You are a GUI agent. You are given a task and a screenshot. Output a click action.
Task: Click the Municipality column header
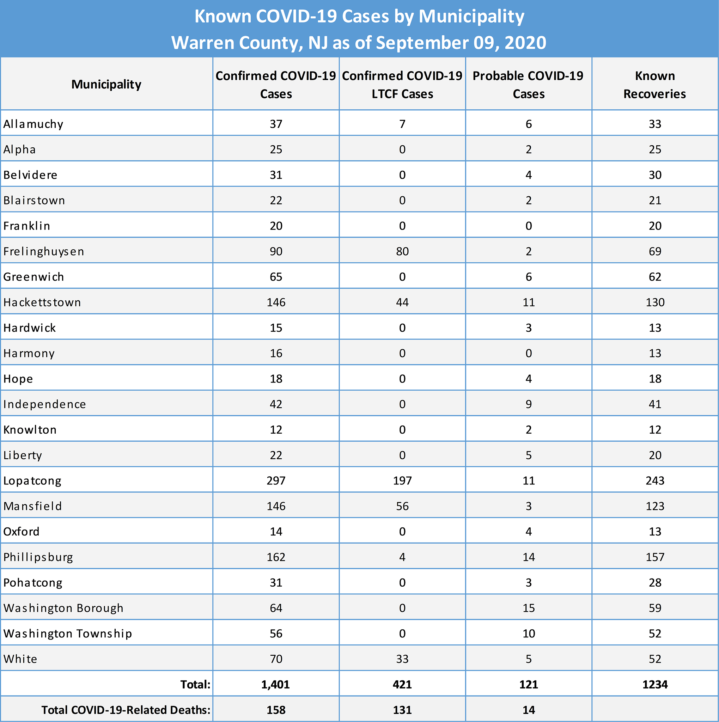point(106,85)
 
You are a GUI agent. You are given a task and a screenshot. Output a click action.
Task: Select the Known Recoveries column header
point(655,85)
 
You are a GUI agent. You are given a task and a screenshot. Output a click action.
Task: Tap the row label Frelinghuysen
point(44,251)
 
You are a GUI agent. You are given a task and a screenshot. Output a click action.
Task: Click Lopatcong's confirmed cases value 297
point(276,481)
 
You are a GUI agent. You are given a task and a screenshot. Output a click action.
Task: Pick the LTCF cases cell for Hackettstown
point(402,302)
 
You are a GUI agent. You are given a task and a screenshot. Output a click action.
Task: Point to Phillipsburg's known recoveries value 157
point(655,557)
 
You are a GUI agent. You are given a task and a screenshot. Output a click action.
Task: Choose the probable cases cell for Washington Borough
point(529,608)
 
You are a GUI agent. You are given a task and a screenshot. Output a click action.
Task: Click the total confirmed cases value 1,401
point(276,685)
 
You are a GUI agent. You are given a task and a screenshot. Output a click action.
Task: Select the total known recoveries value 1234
point(655,685)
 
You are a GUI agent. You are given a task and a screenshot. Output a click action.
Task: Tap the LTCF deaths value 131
point(402,710)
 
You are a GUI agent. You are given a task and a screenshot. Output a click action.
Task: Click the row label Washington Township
point(68,634)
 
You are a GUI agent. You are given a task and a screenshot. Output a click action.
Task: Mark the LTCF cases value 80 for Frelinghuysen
point(402,251)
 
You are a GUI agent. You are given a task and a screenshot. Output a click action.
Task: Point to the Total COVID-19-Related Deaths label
point(126,710)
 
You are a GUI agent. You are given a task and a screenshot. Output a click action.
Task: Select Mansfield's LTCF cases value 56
point(402,506)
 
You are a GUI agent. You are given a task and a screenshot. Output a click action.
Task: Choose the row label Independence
point(44,404)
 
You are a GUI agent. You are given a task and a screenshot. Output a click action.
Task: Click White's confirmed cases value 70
point(276,659)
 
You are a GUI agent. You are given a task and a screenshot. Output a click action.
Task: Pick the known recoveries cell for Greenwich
point(655,277)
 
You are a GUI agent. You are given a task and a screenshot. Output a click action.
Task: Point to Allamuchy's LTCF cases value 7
point(402,124)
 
